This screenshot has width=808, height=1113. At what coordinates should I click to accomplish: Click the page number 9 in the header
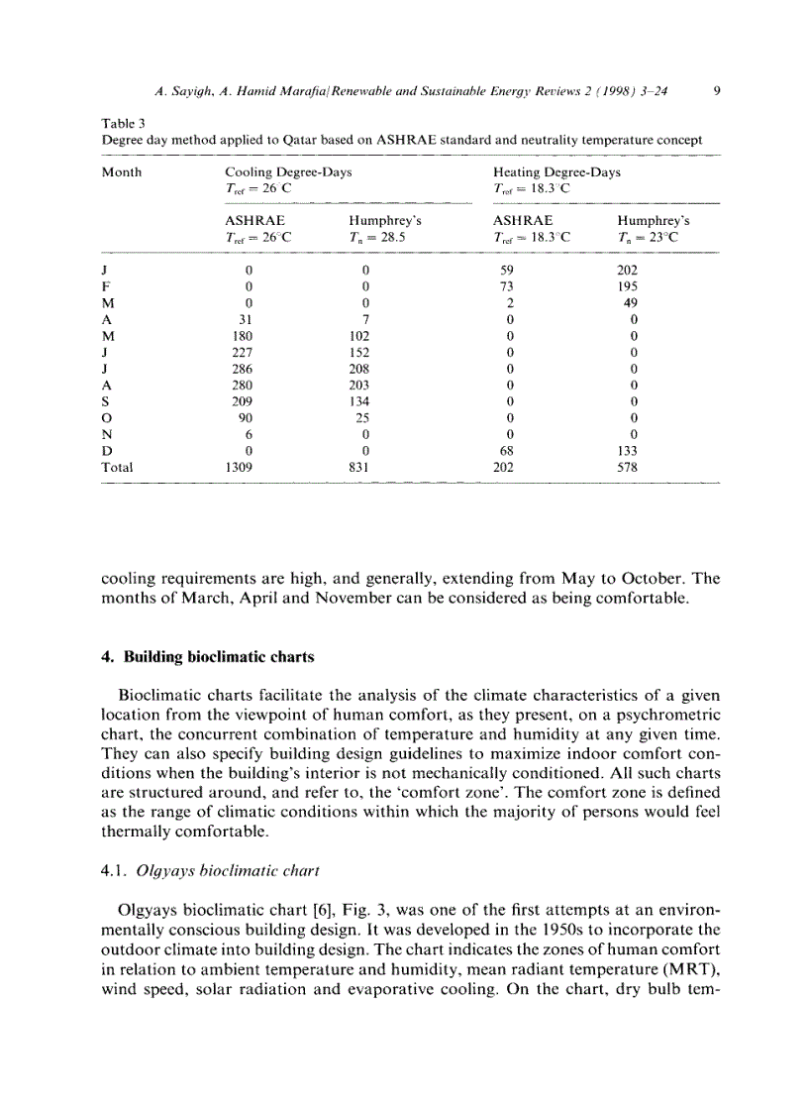coord(715,92)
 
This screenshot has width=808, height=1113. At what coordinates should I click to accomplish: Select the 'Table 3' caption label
coord(124,124)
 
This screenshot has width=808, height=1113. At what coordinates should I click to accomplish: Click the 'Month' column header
coord(122,171)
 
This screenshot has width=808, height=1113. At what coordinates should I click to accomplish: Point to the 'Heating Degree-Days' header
coord(556,171)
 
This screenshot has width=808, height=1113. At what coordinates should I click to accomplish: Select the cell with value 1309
coord(249,467)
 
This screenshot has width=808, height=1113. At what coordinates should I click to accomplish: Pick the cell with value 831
coord(364,467)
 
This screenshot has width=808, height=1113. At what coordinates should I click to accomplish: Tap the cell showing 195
coord(628,286)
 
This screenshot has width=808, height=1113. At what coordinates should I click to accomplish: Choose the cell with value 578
coord(628,467)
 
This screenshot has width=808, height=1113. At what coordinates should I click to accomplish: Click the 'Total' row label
coord(117,467)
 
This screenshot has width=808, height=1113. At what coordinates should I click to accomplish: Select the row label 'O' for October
coord(107,416)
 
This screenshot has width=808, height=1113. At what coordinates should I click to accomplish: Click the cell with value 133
coord(628,451)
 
